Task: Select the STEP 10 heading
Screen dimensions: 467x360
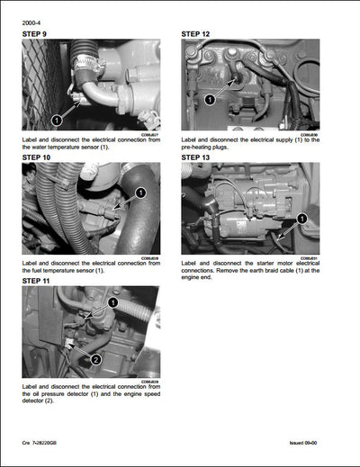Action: pos(40,157)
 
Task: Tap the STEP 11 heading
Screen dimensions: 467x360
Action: pos(40,281)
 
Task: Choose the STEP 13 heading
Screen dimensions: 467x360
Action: pos(201,157)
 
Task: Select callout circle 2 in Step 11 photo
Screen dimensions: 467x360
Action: pos(95,359)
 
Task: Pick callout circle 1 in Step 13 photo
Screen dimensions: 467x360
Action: pos(301,219)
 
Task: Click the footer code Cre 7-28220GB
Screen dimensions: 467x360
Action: pos(44,457)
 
